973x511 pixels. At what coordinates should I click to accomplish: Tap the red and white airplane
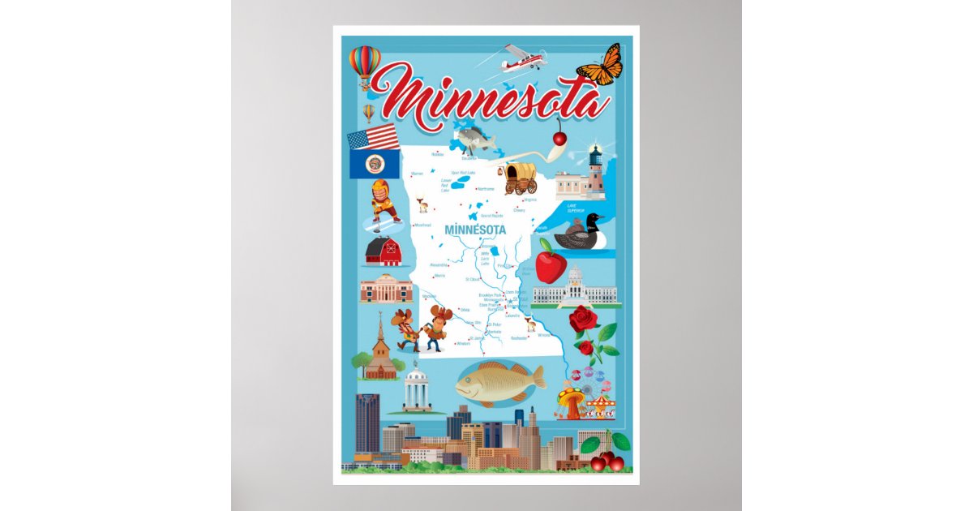click(522, 58)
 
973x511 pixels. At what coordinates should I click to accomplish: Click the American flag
click(373, 136)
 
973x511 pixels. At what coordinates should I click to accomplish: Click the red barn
click(384, 252)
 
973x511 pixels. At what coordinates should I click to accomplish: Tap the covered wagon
click(520, 178)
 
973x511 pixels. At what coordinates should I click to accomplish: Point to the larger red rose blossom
click(582, 319)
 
